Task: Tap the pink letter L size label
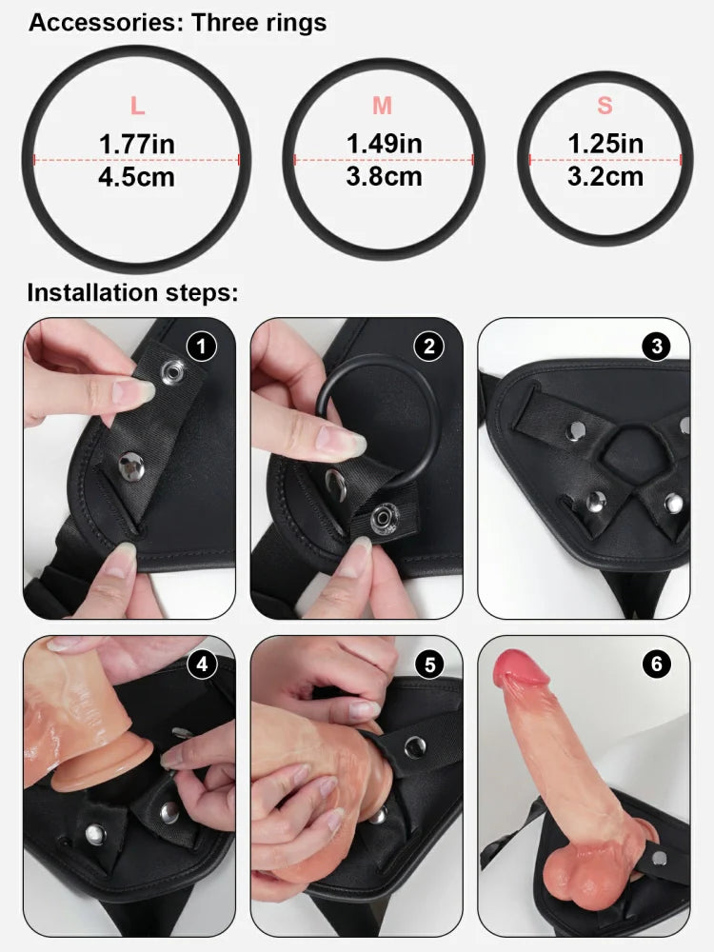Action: click(x=137, y=107)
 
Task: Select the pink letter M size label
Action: click(x=382, y=107)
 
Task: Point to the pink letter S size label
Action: click(x=605, y=107)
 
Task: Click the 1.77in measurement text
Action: click(x=137, y=145)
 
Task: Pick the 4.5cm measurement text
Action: click(x=137, y=177)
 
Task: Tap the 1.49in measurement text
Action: click(x=384, y=144)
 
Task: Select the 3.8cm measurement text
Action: click(x=384, y=176)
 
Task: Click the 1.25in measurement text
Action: click(x=605, y=144)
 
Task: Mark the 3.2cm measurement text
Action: click(x=605, y=176)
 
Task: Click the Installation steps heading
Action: click(x=132, y=292)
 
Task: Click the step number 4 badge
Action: click(x=201, y=664)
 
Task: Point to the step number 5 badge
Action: click(x=428, y=664)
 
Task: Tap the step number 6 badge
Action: click(x=656, y=664)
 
